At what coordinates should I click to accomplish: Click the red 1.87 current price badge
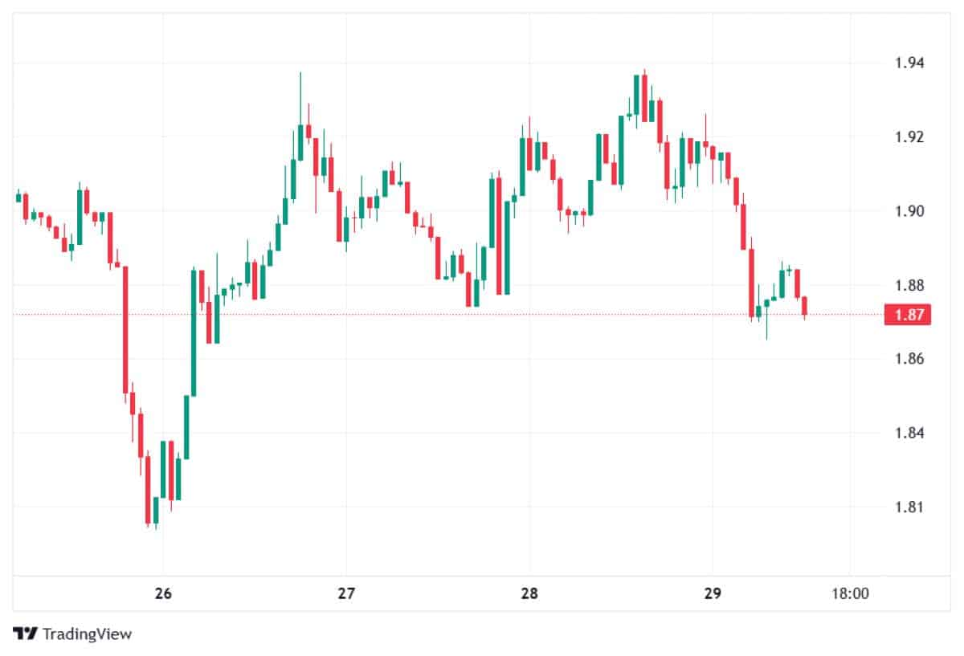pyautogui.click(x=907, y=315)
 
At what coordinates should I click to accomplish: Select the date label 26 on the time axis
pyautogui.click(x=163, y=594)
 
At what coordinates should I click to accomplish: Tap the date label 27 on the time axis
pyautogui.click(x=345, y=594)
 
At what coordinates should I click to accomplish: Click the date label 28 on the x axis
pyautogui.click(x=529, y=594)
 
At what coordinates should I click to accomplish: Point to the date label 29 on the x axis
pyautogui.click(x=712, y=594)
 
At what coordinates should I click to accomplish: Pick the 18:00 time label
pyautogui.click(x=850, y=594)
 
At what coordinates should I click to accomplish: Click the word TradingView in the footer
pyautogui.click(x=87, y=634)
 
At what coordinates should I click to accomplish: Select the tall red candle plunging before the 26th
pyautogui.click(x=125, y=329)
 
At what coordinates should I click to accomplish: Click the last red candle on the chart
pyautogui.click(x=804, y=306)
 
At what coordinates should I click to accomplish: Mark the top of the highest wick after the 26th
pyautogui.click(x=300, y=73)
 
